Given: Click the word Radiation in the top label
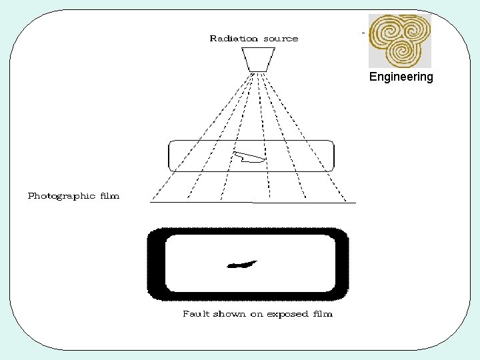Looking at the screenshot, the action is click(234, 39).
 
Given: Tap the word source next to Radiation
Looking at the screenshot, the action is click(281, 39).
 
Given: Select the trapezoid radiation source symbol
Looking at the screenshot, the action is click(256, 59).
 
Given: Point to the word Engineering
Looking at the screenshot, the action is click(401, 77).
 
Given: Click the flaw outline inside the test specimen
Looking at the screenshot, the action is click(249, 157).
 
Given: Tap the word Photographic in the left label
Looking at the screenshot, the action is click(61, 197).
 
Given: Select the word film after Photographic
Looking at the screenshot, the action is click(109, 196).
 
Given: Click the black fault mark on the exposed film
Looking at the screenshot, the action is click(241, 265).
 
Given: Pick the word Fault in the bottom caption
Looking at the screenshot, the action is click(196, 314).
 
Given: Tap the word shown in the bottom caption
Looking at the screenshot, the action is click(228, 314).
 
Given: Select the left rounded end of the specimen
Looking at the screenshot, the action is click(171, 156).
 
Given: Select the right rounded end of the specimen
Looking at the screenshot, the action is click(331, 156).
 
